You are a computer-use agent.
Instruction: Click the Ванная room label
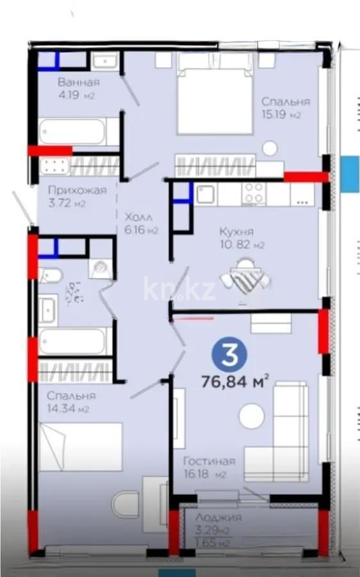point(78,82)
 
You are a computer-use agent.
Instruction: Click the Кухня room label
point(236,231)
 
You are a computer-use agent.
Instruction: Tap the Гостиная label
point(209,461)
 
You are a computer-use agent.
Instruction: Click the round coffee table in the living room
point(251,416)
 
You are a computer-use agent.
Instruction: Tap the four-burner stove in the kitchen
point(254,193)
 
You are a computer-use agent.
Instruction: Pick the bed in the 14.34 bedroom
point(80,447)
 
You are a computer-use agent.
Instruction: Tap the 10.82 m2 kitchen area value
point(251,245)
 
